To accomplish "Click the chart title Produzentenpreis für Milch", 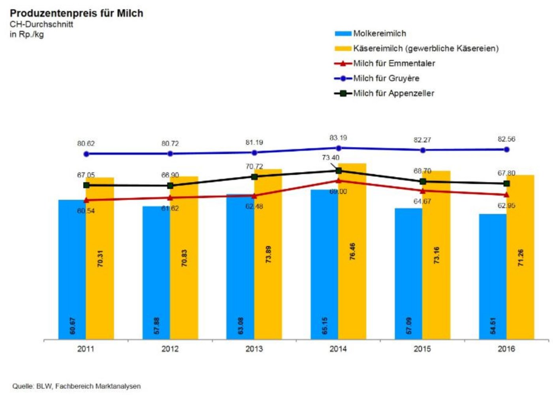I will click(x=76, y=13).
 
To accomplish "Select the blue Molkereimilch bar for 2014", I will click(x=324, y=265).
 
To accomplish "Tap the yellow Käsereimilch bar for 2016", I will click(x=521, y=257).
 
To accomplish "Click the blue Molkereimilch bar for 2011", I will click(x=72, y=269).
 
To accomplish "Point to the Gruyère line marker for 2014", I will click(x=339, y=148).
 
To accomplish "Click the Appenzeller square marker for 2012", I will click(x=170, y=185).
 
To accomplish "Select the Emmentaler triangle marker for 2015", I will click(x=423, y=191).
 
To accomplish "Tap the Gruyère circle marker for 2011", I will click(x=87, y=154).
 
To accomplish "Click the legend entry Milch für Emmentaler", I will click(x=394, y=63).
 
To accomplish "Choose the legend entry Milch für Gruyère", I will click(x=386, y=78).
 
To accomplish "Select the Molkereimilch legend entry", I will click(x=379, y=33).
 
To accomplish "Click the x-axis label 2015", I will click(x=422, y=349).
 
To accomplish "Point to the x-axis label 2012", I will click(x=170, y=349).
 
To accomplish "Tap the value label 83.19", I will click(x=338, y=138).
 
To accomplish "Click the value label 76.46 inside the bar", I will click(x=352, y=251).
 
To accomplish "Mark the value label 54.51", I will click(x=493, y=325).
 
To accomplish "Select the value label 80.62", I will click(x=86, y=144).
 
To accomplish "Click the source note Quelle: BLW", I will click(x=76, y=386).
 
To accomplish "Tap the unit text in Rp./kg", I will click(x=26, y=34).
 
